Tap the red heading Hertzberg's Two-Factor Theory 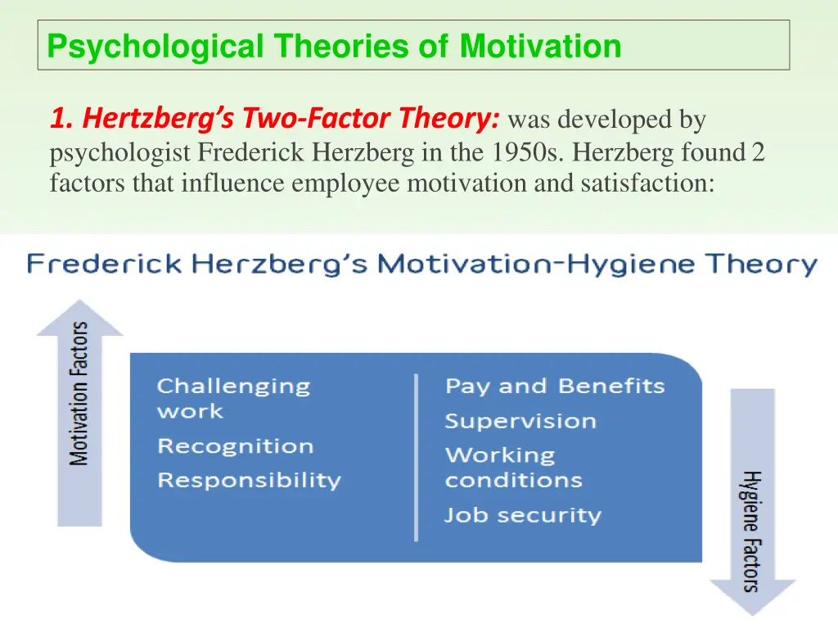click(x=275, y=120)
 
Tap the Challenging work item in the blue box click(x=233, y=398)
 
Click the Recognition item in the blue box click(x=235, y=446)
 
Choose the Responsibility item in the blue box click(x=249, y=480)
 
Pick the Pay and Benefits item click(x=555, y=387)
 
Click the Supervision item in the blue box click(x=520, y=421)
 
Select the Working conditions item click(x=513, y=468)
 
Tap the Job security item click(x=522, y=515)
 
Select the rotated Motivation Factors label click(x=79, y=394)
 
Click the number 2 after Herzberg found click(x=758, y=152)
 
